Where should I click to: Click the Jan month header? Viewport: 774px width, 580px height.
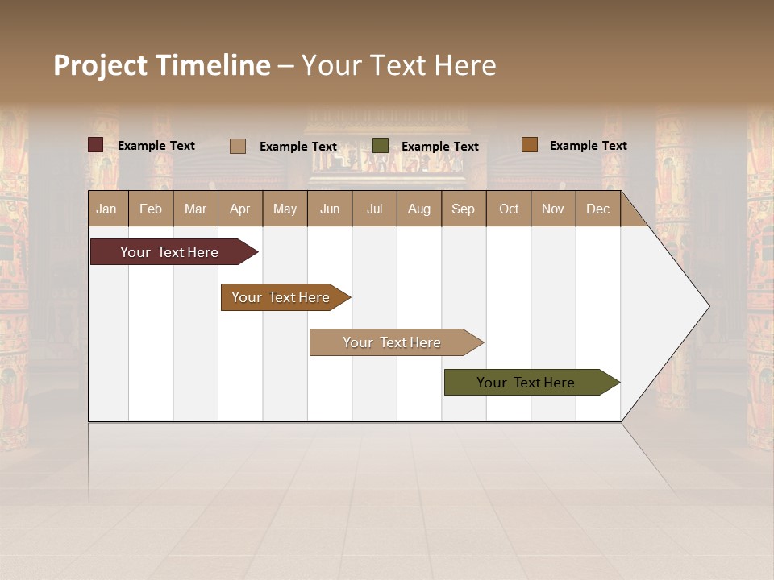point(107,209)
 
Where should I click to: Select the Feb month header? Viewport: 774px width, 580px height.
point(151,209)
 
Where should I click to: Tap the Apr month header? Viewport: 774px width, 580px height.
point(240,209)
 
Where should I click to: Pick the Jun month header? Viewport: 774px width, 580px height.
point(330,209)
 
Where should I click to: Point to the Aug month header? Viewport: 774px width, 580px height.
point(419,209)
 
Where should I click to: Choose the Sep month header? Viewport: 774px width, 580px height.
point(464,209)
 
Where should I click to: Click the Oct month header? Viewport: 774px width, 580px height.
point(509,209)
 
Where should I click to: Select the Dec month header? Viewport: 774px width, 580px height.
point(598,209)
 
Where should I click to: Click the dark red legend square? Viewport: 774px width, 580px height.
point(96,145)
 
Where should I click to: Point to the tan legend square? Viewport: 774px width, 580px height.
point(238,146)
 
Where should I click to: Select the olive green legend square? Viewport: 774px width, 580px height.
point(381,146)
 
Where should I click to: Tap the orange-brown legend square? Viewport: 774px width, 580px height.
point(529,145)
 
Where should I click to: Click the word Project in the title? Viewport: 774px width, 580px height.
point(102,65)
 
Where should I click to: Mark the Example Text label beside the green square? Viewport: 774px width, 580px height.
point(440,147)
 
